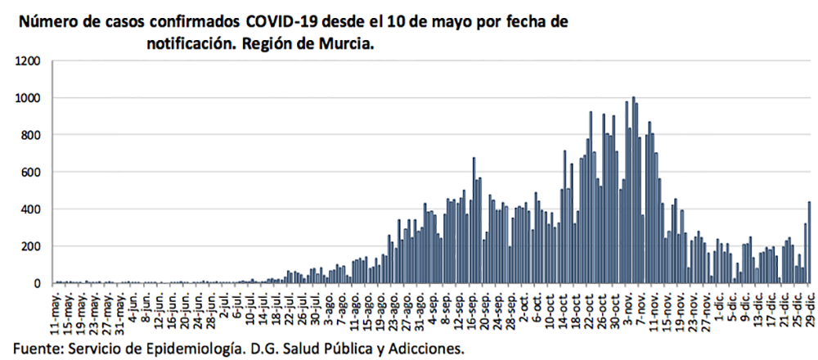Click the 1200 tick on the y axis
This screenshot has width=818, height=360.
coord(27,61)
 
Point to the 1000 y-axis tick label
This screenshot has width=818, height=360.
coord(27,98)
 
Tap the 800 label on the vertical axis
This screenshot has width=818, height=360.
coord(30,135)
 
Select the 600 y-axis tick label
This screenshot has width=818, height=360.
coord(30,172)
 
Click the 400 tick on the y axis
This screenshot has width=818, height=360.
coord(30,209)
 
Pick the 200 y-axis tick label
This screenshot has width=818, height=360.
coord(30,246)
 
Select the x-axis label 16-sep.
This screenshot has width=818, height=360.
coord(474,308)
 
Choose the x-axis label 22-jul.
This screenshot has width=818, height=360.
coord(289,308)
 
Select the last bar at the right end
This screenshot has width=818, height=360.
coord(809,242)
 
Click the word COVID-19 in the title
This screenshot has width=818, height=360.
coord(276,22)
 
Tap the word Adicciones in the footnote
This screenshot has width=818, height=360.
coord(427,348)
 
